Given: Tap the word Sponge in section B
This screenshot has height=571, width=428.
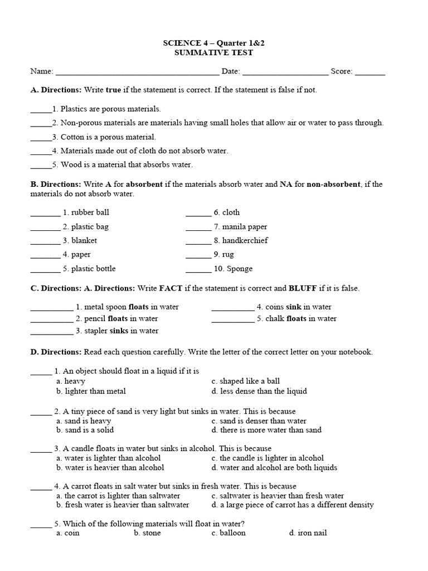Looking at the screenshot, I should coord(239,269).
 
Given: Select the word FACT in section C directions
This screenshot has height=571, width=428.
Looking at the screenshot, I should coord(171,288).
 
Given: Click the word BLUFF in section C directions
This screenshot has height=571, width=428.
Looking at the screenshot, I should coord(303,288).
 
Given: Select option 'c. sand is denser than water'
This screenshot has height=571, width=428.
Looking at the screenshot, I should coord(259,421).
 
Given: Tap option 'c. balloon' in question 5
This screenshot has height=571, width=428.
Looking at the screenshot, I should coord(228,533).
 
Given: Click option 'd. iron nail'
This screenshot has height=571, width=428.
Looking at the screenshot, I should coord(308,533).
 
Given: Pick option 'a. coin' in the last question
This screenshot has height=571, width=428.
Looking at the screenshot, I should coord(68,533).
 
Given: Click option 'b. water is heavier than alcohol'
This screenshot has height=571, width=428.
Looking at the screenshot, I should coord(110,468).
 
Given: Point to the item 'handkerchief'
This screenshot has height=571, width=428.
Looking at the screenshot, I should coord(245,241).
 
